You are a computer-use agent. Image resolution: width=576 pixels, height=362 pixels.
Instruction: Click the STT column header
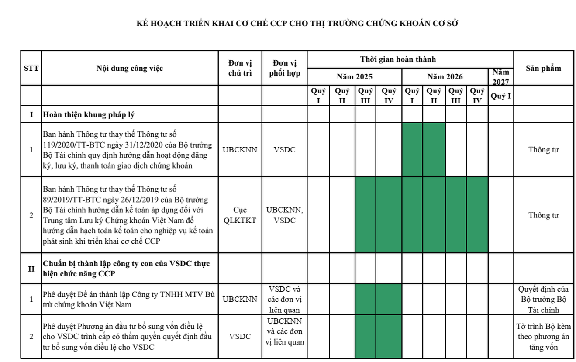(31, 68)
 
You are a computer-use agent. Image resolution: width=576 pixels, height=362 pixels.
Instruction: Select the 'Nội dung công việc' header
(130, 68)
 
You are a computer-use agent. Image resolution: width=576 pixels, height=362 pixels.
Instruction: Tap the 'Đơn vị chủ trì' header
(240, 68)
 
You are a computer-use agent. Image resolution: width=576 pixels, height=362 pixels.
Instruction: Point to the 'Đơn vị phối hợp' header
(284, 68)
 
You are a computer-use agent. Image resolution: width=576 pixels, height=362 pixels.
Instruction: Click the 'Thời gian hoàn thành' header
(398, 59)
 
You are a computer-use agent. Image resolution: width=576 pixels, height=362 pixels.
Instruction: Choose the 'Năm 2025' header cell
(355, 77)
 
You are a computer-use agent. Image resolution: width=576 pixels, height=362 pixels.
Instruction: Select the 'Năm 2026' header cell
(445, 77)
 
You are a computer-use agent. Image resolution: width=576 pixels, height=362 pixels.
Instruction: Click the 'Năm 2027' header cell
(500, 77)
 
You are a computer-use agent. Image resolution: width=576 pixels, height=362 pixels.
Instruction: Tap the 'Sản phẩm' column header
(543, 68)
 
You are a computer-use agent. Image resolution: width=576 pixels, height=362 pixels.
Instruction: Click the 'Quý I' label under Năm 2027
(500, 96)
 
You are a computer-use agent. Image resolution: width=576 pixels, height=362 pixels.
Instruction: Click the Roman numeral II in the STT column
(31, 269)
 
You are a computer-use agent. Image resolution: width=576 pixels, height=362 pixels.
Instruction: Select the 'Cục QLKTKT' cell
(240, 215)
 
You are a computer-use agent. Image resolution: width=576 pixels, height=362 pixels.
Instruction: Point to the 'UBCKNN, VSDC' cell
(284, 215)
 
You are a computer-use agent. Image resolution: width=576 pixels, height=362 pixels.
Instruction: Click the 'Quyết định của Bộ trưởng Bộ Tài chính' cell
(543, 300)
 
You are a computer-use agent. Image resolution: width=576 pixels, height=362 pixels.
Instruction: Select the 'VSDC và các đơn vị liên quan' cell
(284, 300)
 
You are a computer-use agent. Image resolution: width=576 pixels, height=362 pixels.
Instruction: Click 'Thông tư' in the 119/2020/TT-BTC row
(543, 150)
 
